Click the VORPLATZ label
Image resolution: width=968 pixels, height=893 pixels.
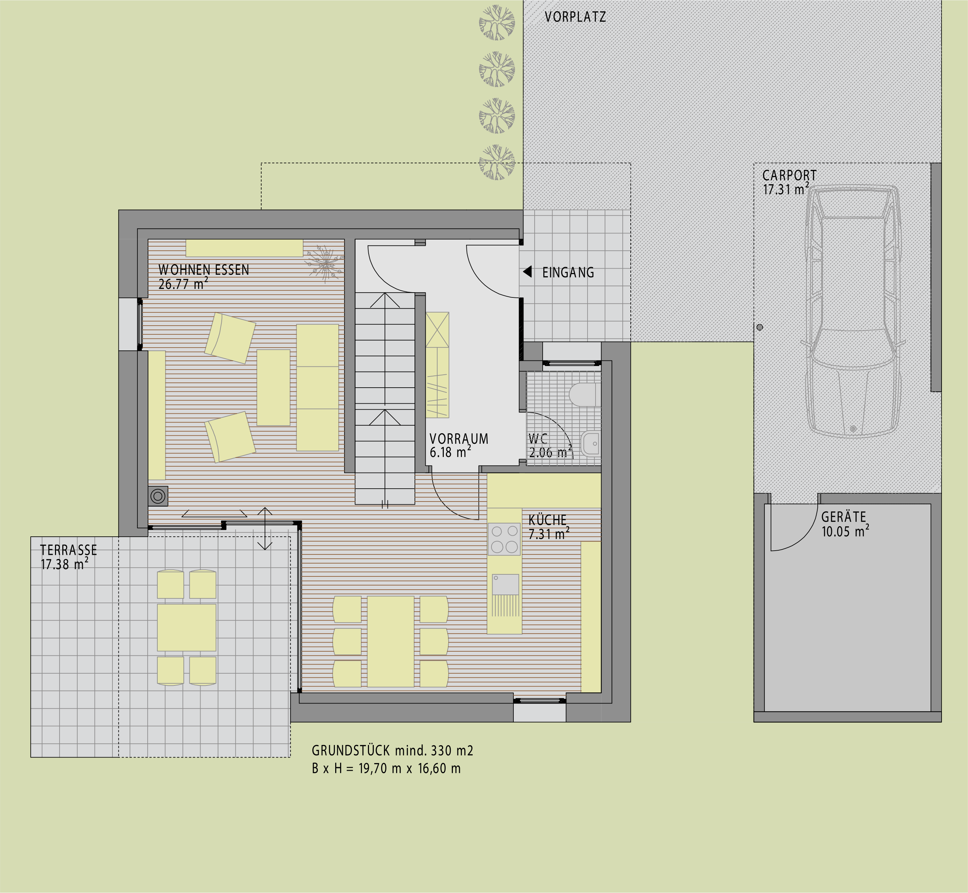pyautogui.click(x=575, y=17)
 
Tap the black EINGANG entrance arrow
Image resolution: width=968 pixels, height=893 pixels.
pyautogui.click(x=527, y=272)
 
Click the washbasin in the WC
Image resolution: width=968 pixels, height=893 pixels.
pyautogui.click(x=591, y=444)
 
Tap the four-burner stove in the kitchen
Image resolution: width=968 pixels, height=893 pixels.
pyautogui.click(x=504, y=539)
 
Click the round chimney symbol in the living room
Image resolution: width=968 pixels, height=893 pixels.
pyautogui.click(x=158, y=496)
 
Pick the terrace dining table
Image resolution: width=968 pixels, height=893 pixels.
pyautogui.click(x=187, y=627)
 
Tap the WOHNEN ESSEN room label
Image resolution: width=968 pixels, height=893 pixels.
pyautogui.click(x=204, y=270)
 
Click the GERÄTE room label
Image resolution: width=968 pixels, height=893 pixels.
pyautogui.click(x=844, y=517)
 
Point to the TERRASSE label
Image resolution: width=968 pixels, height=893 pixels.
pyautogui.click(x=69, y=550)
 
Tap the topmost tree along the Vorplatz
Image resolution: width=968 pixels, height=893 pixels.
pyautogui.click(x=497, y=22)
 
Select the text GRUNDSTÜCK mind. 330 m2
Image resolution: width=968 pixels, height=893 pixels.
pyautogui.click(x=392, y=751)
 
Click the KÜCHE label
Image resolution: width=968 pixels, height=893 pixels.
pyautogui.click(x=547, y=520)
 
